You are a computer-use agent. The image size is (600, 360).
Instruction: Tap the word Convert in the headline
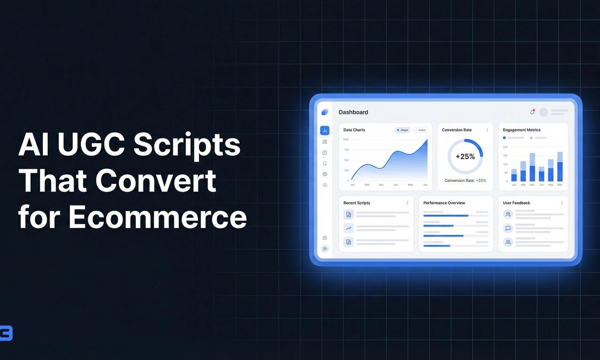click(x=156, y=180)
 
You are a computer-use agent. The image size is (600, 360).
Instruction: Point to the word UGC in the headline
click(x=91, y=144)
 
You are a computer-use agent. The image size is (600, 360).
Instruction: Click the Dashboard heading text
click(x=353, y=112)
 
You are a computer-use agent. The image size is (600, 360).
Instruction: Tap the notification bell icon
click(x=532, y=112)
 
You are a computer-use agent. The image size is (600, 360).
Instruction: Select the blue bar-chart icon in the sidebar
click(x=324, y=131)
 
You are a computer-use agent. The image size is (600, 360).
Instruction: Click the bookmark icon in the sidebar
click(x=324, y=163)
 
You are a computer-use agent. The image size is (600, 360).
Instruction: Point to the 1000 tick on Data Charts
click(x=346, y=140)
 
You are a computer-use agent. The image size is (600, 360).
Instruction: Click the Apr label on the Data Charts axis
click(x=396, y=185)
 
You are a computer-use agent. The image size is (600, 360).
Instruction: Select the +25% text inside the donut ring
click(x=465, y=156)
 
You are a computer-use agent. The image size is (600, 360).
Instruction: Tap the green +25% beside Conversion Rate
click(x=481, y=180)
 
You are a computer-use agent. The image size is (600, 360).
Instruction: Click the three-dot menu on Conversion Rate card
click(x=487, y=130)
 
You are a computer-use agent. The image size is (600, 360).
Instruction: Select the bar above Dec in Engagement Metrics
click(x=560, y=167)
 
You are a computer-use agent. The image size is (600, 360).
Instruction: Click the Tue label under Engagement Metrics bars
click(x=541, y=185)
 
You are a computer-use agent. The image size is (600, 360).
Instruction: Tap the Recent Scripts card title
click(x=357, y=203)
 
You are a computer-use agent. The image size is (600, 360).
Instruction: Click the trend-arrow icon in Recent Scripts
click(x=348, y=228)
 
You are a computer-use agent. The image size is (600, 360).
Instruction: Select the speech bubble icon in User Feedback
click(x=508, y=228)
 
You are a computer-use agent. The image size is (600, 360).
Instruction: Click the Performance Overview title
click(x=444, y=203)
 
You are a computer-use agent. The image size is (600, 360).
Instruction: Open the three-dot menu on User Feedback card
click(x=562, y=203)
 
